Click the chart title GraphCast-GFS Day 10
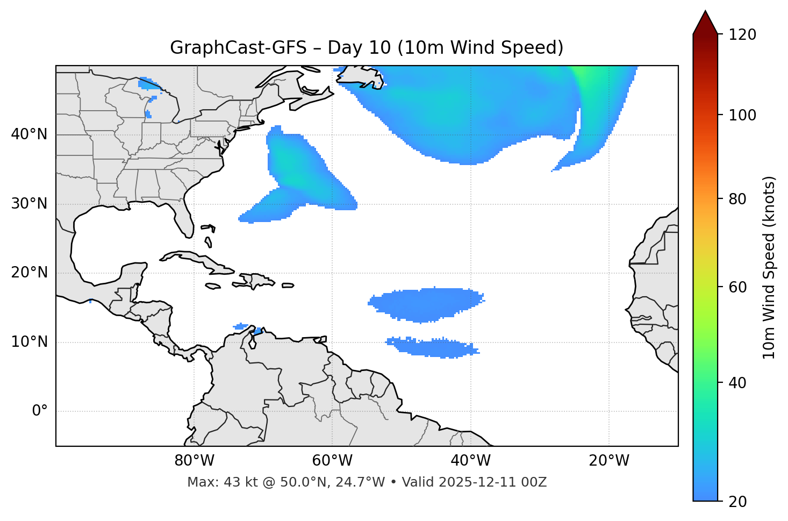(x=367, y=48)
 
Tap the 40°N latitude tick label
(x=29, y=134)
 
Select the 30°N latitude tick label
(x=29, y=204)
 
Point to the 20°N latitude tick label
(x=29, y=273)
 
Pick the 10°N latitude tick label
(x=29, y=342)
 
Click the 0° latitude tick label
(x=40, y=411)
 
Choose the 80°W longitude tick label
(x=194, y=461)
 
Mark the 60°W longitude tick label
(x=332, y=461)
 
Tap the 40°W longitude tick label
(x=471, y=461)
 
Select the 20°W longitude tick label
(x=609, y=461)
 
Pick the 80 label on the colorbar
(x=740, y=199)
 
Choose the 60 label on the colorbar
(x=740, y=287)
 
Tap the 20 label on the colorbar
(x=740, y=501)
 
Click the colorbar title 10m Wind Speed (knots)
(x=769, y=267)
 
